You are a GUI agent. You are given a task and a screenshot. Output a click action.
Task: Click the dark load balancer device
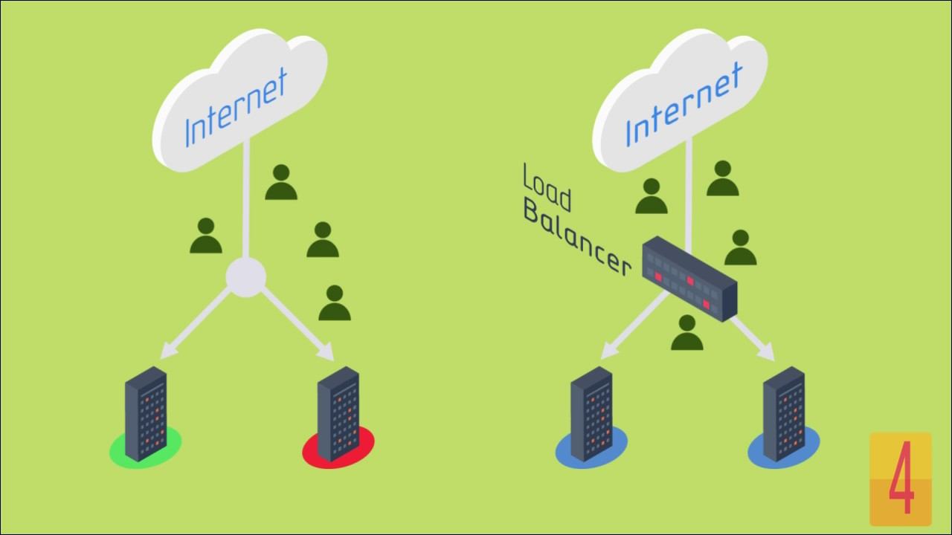689,279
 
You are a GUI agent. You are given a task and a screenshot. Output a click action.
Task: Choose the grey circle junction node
245,277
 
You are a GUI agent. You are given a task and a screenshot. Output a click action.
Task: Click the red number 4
901,480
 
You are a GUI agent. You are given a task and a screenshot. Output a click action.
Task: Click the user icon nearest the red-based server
335,303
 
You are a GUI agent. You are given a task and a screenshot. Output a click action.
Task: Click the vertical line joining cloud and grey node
245,201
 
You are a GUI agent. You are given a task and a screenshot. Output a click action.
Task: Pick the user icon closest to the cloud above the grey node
281,183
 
